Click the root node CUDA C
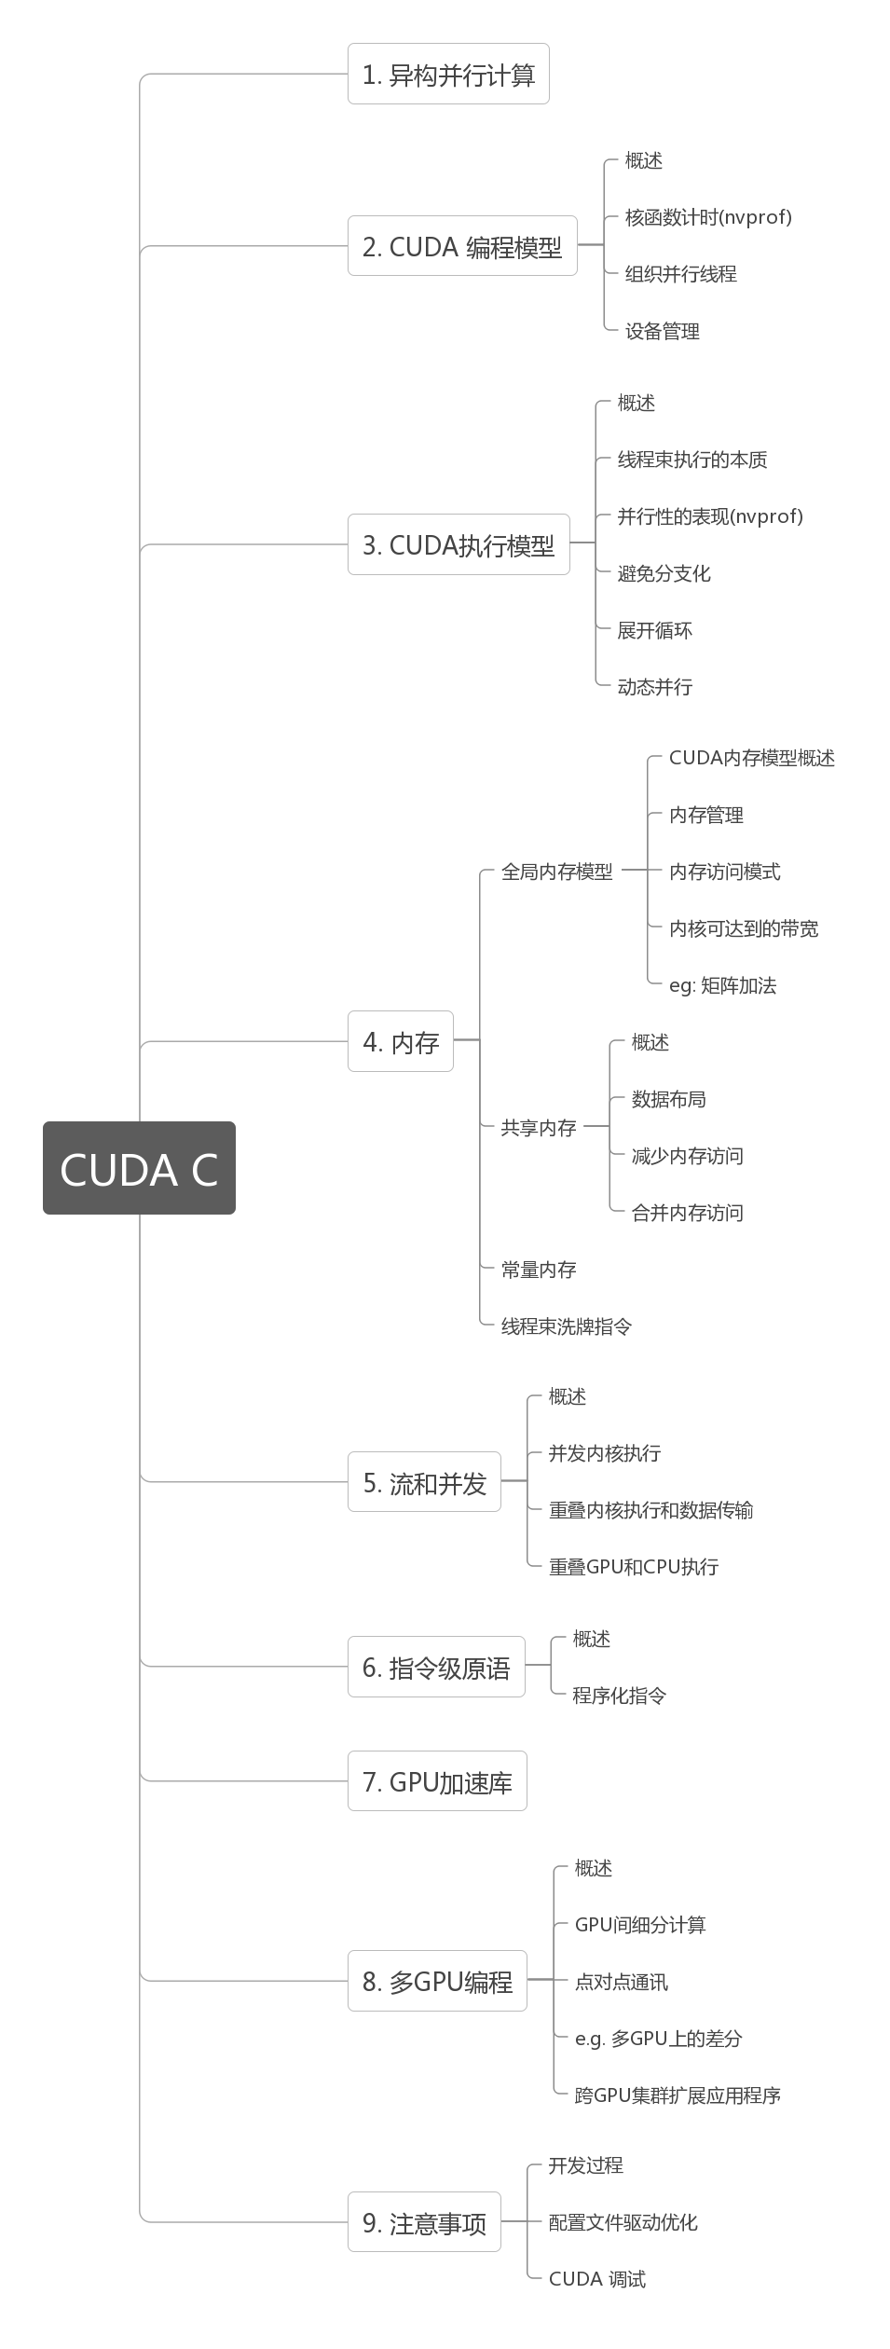(139, 1168)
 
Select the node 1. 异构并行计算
(448, 75)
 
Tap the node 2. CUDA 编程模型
(462, 247)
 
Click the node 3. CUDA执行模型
(459, 545)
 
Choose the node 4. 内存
(401, 1042)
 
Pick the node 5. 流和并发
(424, 1483)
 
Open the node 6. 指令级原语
(436, 1668)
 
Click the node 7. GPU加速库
(437, 1782)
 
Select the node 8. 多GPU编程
(437, 1981)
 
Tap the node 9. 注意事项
(424, 2223)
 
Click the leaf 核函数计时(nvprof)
(708, 217)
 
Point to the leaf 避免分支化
(664, 573)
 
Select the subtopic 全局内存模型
(556, 872)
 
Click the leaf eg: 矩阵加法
(722, 985)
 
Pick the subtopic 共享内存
(539, 1128)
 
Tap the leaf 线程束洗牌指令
(566, 1326)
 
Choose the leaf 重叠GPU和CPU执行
(634, 1567)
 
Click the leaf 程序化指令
(619, 1696)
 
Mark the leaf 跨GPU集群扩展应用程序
(678, 2095)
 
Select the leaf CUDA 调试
(596, 2279)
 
